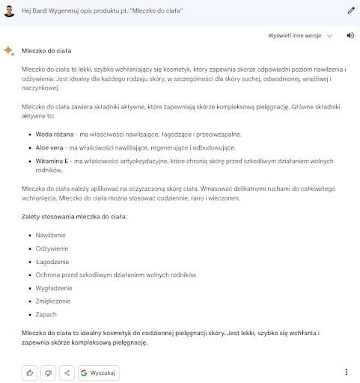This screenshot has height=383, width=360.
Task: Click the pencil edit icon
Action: coord(351,10)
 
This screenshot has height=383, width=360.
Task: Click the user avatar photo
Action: coord(9,10)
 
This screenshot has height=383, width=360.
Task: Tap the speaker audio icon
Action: coord(350,35)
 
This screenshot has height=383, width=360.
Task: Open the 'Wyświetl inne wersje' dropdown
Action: coord(301,35)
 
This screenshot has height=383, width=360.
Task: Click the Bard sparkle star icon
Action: coord(9,50)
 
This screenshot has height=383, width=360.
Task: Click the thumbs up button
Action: coord(30,372)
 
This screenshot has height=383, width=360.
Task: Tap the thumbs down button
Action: coord(49,372)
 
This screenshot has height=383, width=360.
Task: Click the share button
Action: coord(67,372)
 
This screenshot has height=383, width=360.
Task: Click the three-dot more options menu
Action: coord(346,372)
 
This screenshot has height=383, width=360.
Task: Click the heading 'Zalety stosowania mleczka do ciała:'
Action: coord(75,215)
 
